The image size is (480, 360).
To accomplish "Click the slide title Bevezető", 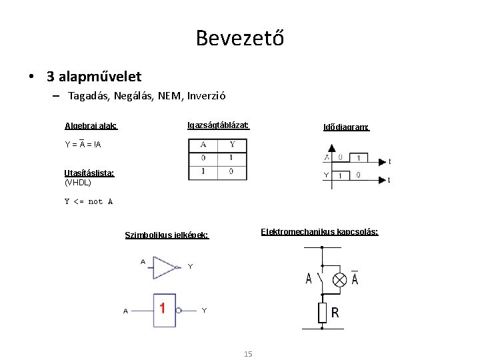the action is point(240,38).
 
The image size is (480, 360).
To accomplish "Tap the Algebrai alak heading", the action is point(91,126).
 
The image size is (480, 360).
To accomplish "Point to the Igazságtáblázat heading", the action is point(218,125).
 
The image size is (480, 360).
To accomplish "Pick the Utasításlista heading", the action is point(89,173).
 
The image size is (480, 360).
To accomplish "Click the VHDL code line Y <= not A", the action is point(89,201).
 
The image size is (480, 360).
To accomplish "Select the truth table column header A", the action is point(203,145).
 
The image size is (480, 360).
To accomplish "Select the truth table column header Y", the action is point(232,145).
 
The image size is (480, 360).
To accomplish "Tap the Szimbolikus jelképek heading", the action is point(167,235).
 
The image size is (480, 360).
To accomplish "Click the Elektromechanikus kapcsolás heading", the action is point(320,232).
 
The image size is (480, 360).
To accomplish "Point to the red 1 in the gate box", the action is point(163,309).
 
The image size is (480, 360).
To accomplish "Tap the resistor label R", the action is point(335,313).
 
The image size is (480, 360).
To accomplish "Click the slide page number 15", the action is point(248,354).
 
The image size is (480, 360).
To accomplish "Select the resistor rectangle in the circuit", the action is point(322,312).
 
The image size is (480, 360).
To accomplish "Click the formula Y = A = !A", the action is point(83,144).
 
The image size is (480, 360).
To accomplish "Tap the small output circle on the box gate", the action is point(180,309).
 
